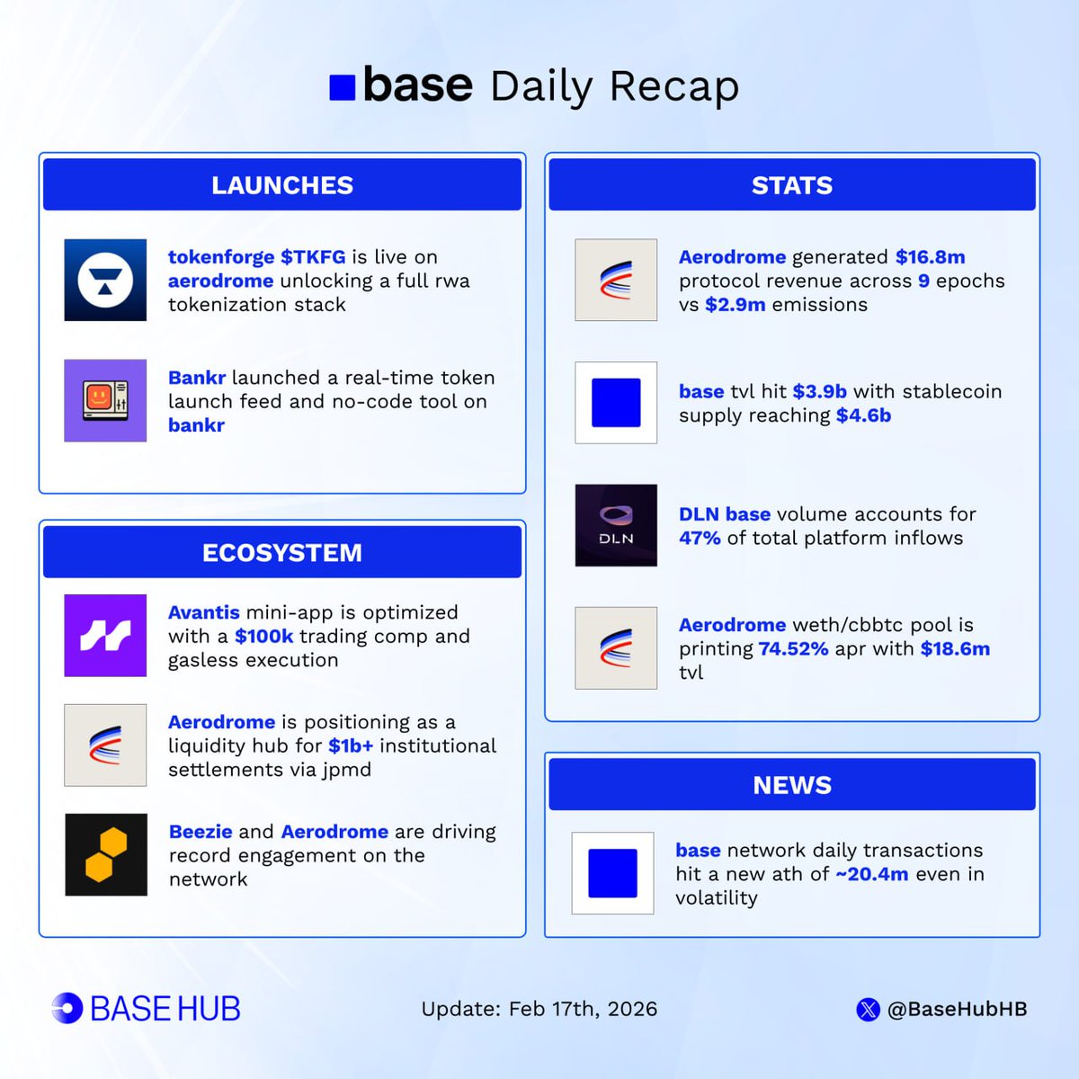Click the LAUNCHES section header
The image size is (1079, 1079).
pos(282,185)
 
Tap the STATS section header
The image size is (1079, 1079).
pos(791,185)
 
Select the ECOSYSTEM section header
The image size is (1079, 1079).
pos(282,552)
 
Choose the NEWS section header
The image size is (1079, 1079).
pos(791,785)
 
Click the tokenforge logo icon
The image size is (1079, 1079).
pos(105,280)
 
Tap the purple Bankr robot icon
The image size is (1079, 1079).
pos(105,400)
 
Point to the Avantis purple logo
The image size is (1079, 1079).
pos(105,636)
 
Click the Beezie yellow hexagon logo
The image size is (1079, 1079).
pos(105,854)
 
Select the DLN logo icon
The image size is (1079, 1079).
pos(616,525)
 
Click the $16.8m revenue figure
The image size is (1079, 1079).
pos(930,257)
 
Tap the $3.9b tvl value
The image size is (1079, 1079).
pos(819,392)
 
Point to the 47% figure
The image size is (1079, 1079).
pos(700,538)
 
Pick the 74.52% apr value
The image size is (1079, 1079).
pos(793,649)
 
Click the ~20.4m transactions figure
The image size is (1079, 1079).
pos(871,874)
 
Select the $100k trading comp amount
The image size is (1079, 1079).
pos(263,637)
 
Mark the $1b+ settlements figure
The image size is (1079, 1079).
pos(350,746)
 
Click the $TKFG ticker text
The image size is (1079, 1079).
pos(313,257)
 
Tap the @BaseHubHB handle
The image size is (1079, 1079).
pos(957,1009)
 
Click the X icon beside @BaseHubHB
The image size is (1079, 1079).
pos(868,1010)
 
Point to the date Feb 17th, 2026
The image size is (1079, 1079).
pos(583,1009)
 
